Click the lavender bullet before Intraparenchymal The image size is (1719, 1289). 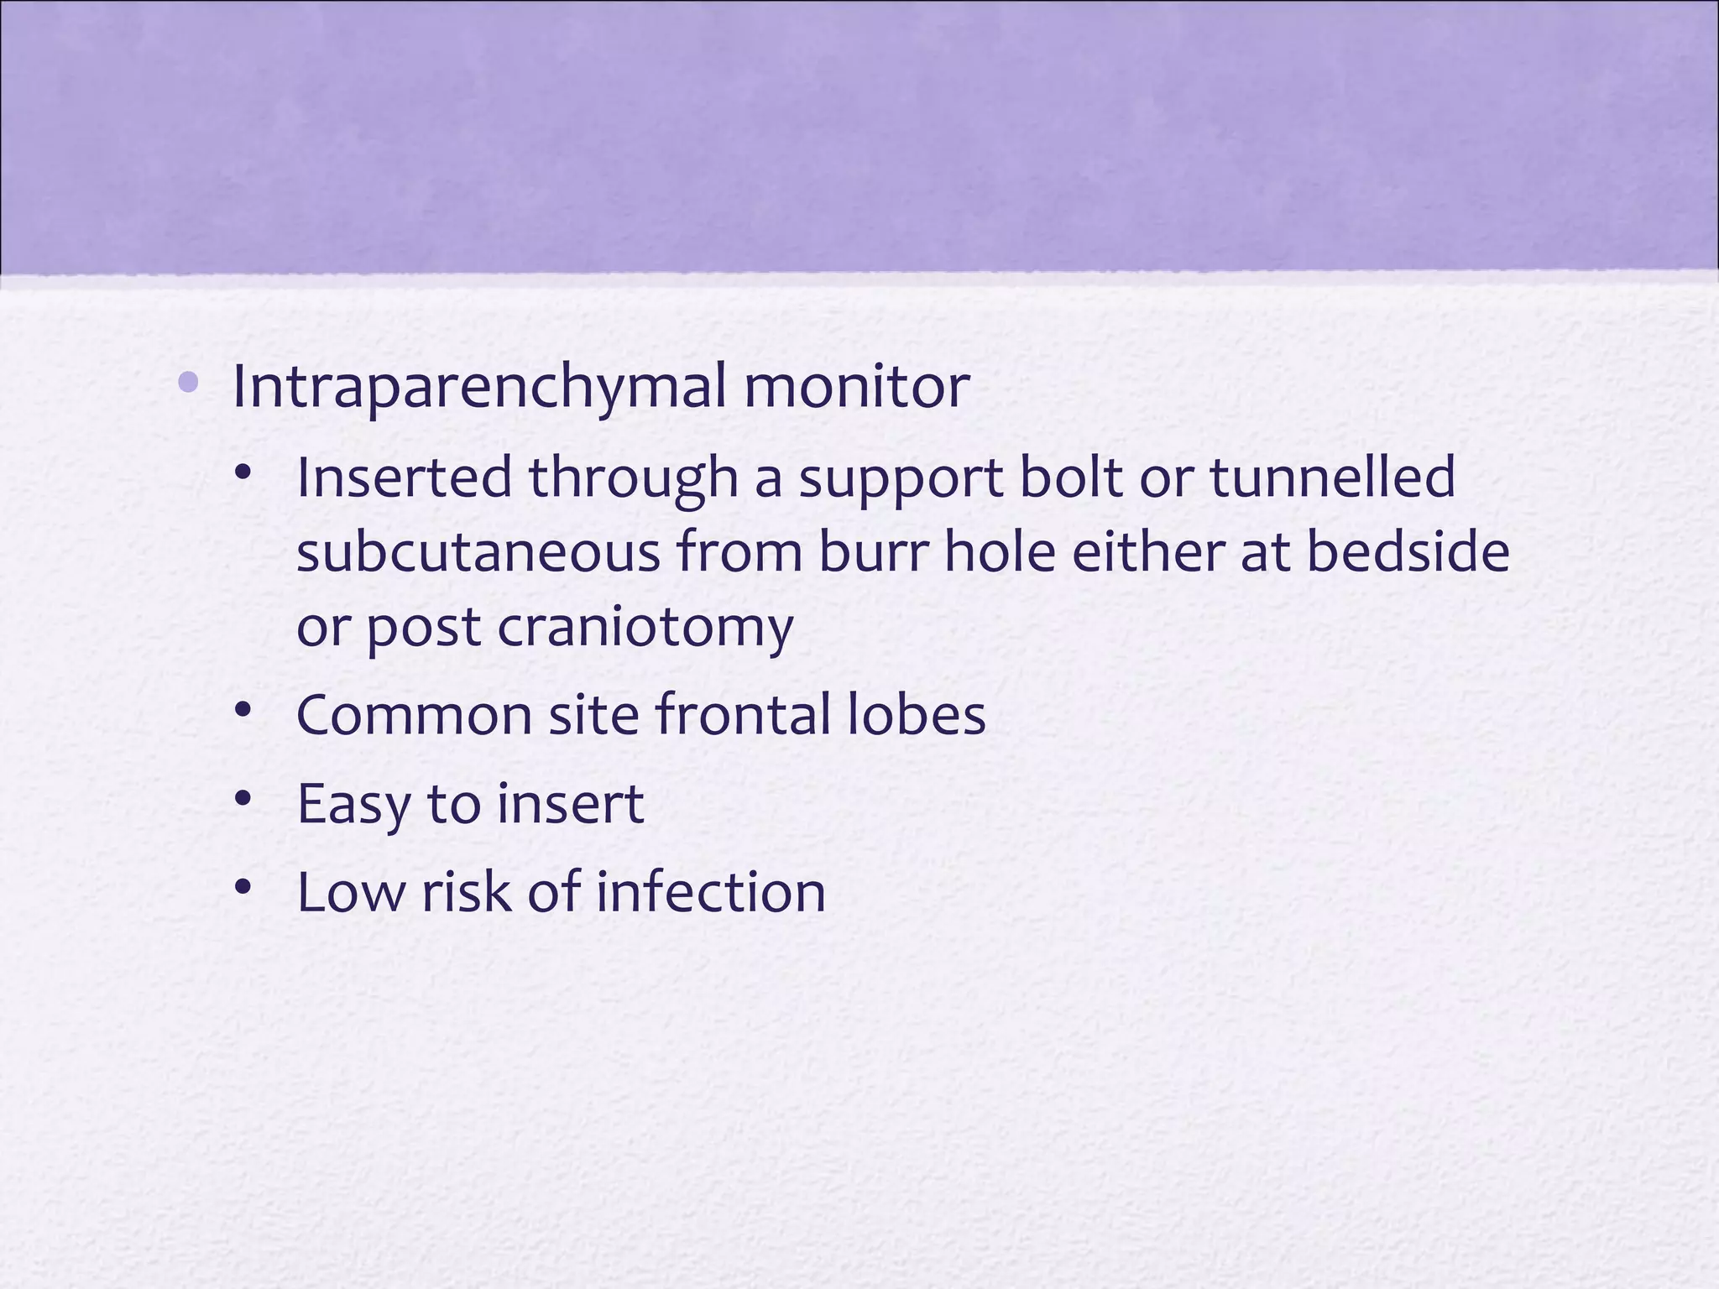click(x=188, y=384)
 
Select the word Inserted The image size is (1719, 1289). click(x=404, y=478)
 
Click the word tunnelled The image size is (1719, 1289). click(x=1332, y=478)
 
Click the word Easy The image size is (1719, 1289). click(x=353, y=805)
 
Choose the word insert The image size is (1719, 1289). click(x=570, y=803)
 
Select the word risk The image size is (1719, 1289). click(x=465, y=892)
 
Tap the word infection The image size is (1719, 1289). click(x=710, y=892)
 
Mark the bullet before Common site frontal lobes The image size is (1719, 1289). click(x=243, y=710)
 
